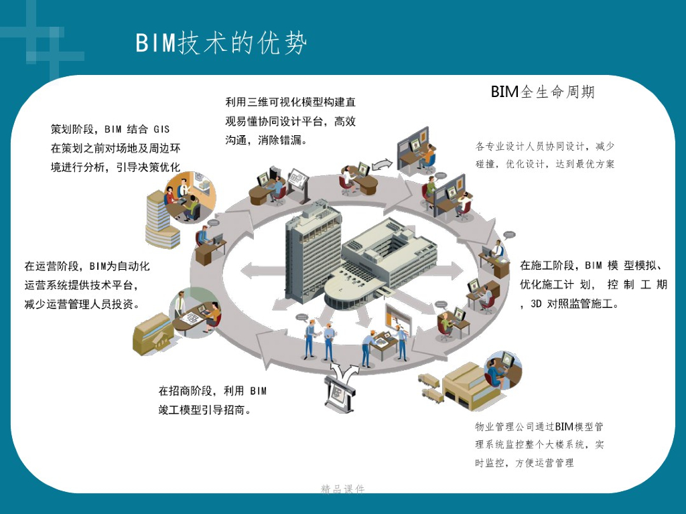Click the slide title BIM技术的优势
pos(221,44)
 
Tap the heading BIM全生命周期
pos(543,92)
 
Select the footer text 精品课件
pos(343,489)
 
